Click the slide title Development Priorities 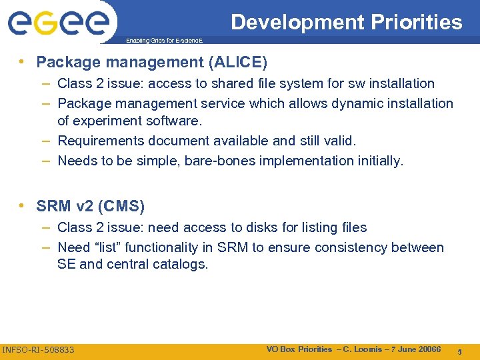[346, 22]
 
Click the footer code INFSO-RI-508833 [39, 349]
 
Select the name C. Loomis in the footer [363, 349]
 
